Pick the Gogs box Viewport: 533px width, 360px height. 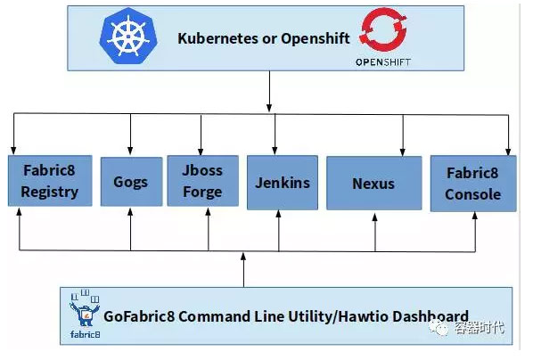[x=131, y=183]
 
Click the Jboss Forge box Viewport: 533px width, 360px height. [x=207, y=181]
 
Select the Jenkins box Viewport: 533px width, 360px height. [x=279, y=183]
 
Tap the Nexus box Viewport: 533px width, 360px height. [x=373, y=184]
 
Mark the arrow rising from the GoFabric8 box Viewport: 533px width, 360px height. [x=243, y=267]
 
